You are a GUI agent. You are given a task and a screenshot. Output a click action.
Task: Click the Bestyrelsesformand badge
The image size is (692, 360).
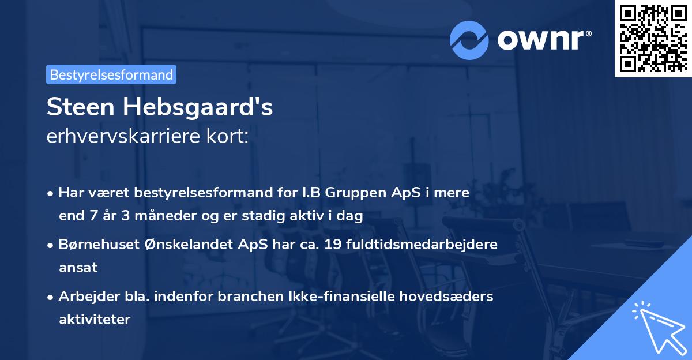coord(111,74)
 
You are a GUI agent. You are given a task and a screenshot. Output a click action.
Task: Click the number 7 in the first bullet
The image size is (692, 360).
coord(94,216)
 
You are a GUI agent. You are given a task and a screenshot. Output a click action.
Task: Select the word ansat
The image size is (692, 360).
coord(78,268)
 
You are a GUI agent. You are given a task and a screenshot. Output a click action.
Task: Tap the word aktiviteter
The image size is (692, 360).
coord(95,319)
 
